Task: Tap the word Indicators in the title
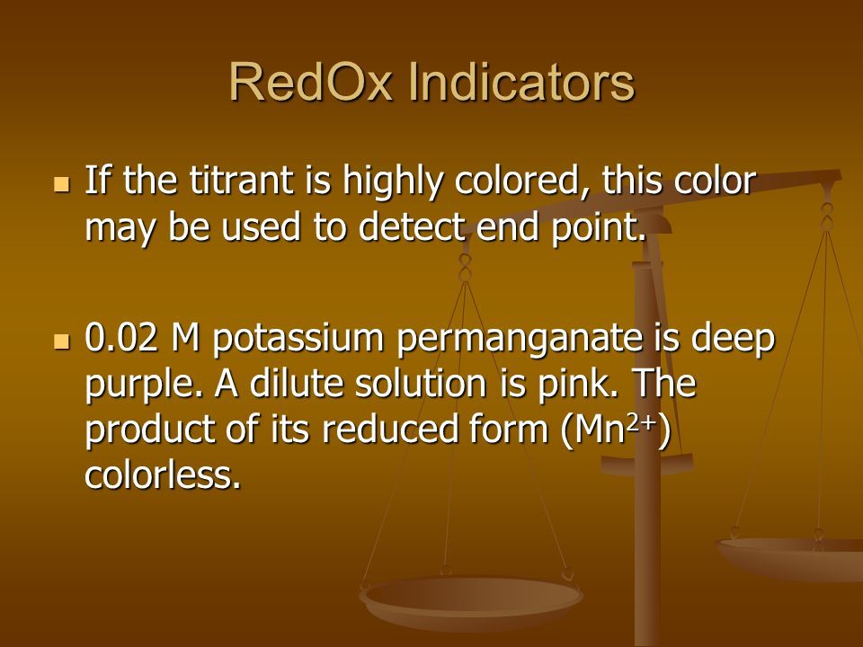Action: pyautogui.click(x=521, y=82)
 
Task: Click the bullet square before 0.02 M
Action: pyautogui.click(x=62, y=341)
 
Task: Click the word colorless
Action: pyautogui.click(x=163, y=474)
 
